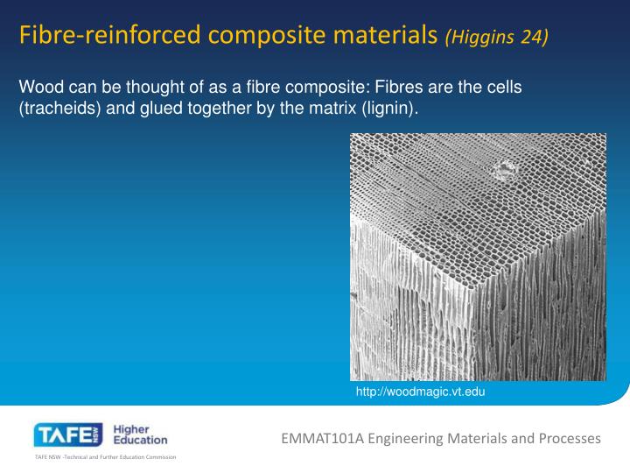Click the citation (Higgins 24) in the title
(497, 37)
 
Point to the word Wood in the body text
(38, 88)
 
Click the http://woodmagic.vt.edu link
(420, 392)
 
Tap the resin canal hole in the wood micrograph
(505, 169)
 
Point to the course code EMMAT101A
(324, 437)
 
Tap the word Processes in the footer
(570, 437)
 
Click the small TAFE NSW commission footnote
(105, 458)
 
